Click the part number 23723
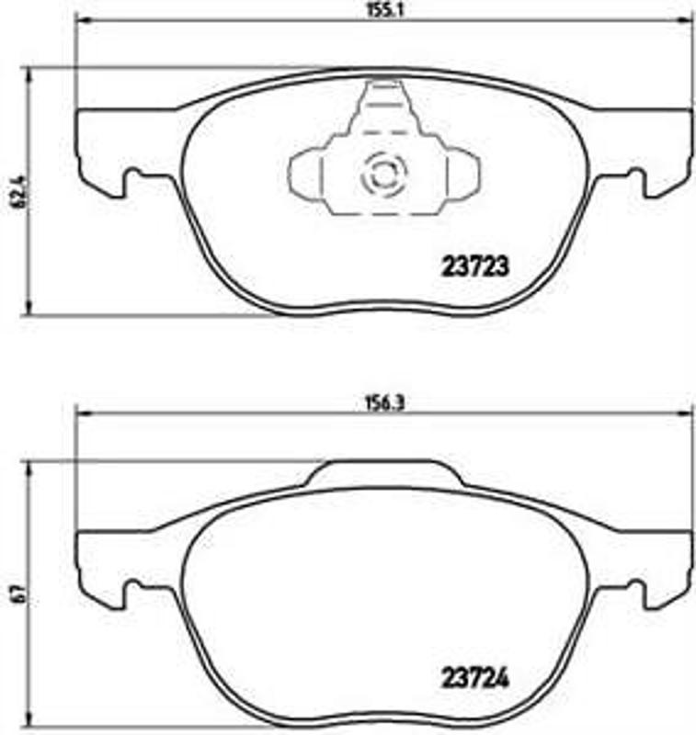click(471, 266)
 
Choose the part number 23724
click(471, 682)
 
